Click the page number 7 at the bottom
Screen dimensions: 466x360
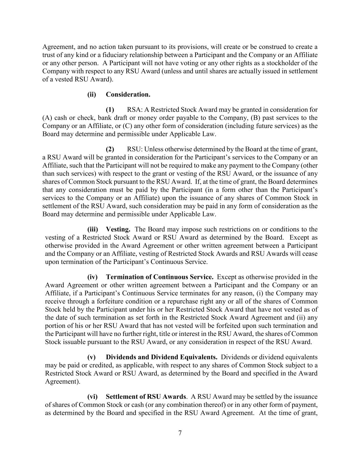[180, 433]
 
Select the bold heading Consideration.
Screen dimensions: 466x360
[128, 94]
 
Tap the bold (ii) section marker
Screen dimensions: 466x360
[91, 94]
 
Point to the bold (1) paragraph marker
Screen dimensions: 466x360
[110, 110]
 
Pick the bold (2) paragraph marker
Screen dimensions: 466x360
[110, 149]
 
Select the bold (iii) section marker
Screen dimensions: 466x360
[92, 229]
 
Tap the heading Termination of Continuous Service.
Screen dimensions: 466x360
[160, 277]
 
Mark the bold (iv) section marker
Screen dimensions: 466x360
[92, 277]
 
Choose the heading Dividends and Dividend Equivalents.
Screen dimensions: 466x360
[162, 357]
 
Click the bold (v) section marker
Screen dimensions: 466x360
[91, 357]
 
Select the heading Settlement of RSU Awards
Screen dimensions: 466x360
[146, 397]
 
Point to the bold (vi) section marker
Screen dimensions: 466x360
[92, 397]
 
